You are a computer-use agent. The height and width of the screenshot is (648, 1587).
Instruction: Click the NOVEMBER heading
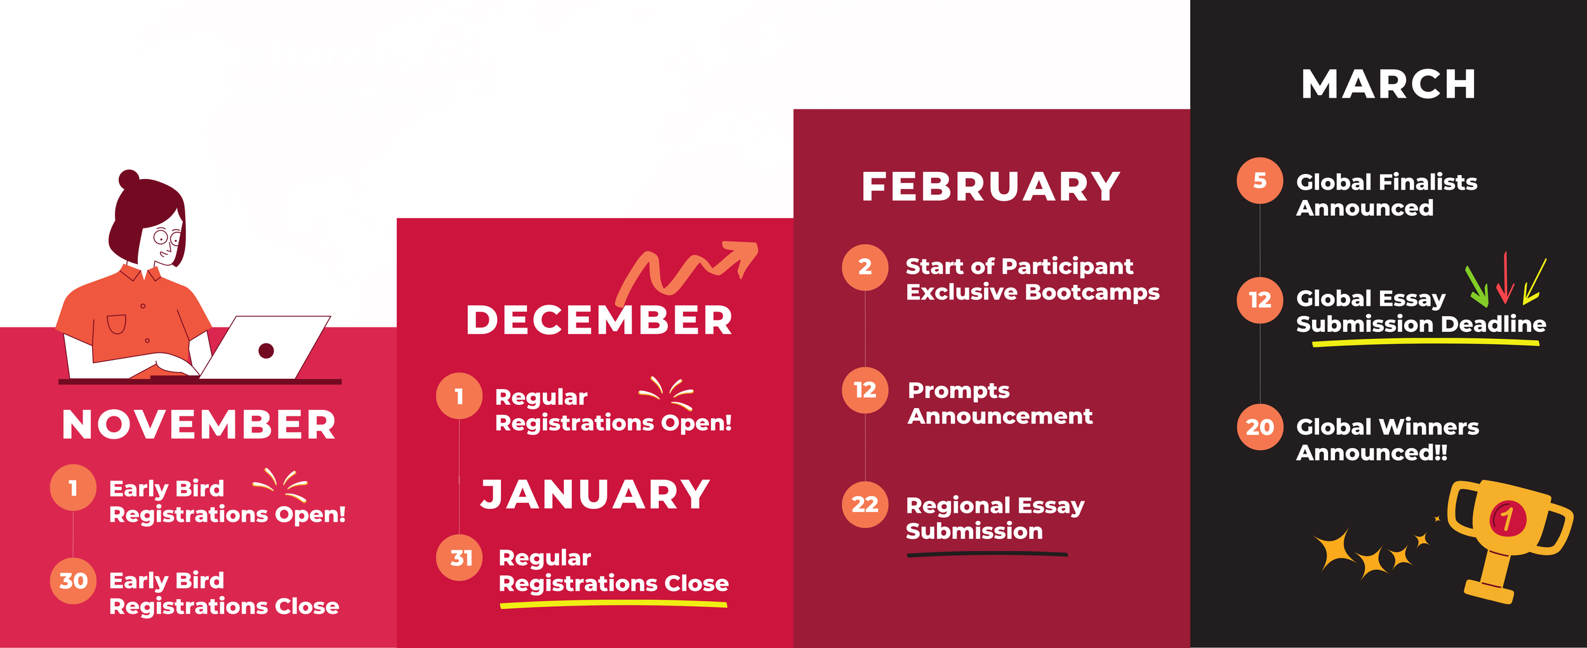[x=199, y=425]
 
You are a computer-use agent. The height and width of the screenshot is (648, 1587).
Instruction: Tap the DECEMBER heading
[x=599, y=320]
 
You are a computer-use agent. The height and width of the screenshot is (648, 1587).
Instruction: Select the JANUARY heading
[x=595, y=494]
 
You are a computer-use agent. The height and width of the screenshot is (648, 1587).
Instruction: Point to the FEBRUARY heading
[x=991, y=187]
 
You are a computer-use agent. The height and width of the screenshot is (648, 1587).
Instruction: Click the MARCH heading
[x=1388, y=84]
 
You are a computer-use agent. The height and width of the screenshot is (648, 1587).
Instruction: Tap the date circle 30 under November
[x=73, y=581]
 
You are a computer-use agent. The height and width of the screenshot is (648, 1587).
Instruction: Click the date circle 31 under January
[x=460, y=558]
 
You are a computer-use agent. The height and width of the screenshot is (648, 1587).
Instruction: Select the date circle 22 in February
[x=865, y=505]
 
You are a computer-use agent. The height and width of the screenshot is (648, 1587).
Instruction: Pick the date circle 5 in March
[x=1259, y=181]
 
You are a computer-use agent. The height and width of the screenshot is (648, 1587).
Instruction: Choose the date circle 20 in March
[x=1259, y=427]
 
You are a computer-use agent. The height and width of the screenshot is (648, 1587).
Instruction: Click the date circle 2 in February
[x=865, y=267]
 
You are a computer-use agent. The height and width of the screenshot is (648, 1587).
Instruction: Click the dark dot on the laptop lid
[x=266, y=350]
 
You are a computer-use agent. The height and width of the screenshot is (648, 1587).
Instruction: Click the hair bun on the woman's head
[x=129, y=179]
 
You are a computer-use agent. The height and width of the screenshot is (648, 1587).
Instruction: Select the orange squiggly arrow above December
[x=686, y=270]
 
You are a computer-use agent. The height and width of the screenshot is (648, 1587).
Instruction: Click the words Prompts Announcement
[x=1000, y=403]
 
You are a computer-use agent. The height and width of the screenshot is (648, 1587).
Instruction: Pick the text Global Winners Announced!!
[x=1387, y=440]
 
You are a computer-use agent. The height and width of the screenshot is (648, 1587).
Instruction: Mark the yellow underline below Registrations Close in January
[x=613, y=604]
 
